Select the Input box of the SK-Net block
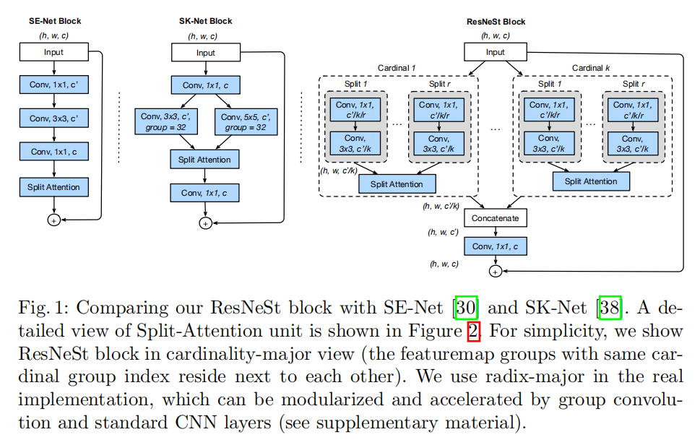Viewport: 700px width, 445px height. coord(206,53)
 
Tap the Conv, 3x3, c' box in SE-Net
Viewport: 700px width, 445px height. coord(53,118)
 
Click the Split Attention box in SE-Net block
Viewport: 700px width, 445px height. coord(53,187)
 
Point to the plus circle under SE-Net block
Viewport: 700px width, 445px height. coord(53,220)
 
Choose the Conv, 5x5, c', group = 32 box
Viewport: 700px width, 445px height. coord(245,122)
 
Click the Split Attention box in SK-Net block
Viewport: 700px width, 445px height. coord(205,159)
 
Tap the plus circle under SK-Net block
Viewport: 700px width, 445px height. coord(205,224)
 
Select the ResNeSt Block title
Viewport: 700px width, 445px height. coord(496,21)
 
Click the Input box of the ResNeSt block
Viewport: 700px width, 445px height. coord(496,52)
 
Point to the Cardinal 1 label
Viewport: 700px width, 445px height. coord(397,68)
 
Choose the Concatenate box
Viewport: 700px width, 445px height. coord(496,218)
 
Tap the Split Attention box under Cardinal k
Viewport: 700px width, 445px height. coord(591,181)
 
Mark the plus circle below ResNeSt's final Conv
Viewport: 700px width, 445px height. coord(496,272)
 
